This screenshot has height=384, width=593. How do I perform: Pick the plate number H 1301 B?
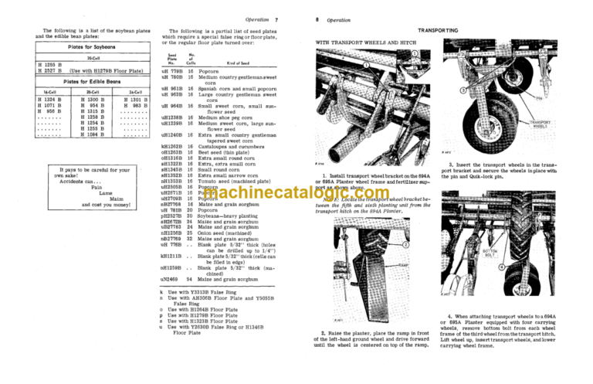[134, 100]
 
